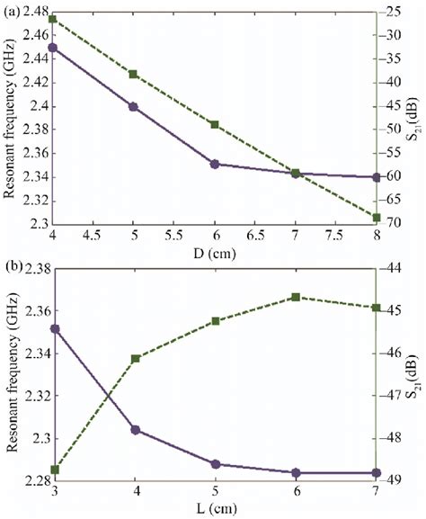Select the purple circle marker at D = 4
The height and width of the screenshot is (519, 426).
[x=52, y=47]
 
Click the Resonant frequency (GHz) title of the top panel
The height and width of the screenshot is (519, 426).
[x=8, y=117]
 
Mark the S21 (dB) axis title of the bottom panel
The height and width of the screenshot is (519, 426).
[x=414, y=374]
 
